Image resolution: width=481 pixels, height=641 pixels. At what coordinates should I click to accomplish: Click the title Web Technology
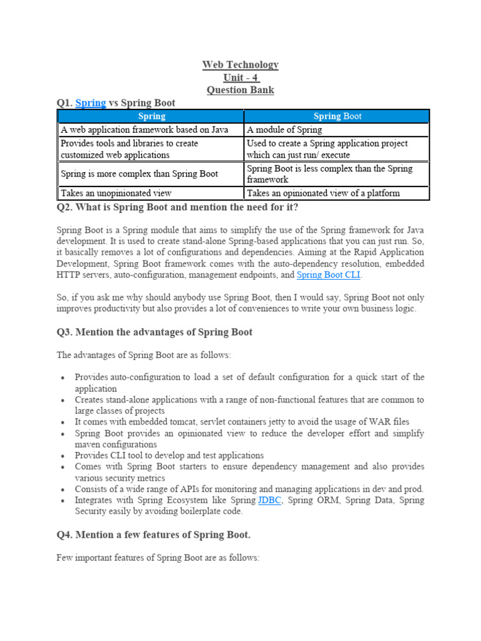tap(240, 65)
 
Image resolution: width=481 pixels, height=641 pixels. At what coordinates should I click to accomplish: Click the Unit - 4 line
tap(240, 78)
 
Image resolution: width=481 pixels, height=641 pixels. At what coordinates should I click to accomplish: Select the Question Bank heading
tap(240, 90)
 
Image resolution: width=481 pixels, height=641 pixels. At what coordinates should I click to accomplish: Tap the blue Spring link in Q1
tap(91, 103)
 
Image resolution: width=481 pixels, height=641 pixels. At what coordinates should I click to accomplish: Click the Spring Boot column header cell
tap(337, 116)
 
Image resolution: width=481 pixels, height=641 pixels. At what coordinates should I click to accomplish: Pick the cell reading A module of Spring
tap(284, 130)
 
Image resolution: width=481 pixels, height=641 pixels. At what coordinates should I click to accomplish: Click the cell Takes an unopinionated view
tap(116, 193)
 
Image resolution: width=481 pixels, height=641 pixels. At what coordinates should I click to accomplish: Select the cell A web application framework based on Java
tap(144, 130)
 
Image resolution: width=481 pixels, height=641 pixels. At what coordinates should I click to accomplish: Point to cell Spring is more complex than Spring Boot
tap(139, 173)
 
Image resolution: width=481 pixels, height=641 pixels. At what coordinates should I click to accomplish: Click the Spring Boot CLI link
tap(328, 275)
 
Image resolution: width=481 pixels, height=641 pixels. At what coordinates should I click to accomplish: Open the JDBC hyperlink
tap(269, 500)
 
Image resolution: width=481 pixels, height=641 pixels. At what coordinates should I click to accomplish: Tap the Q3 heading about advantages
tap(155, 332)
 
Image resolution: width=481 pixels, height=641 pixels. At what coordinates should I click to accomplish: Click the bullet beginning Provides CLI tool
tap(169, 456)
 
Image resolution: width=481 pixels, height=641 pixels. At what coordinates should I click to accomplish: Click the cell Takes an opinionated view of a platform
tap(323, 193)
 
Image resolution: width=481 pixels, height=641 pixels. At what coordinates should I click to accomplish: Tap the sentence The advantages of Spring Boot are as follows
tap(144, 355)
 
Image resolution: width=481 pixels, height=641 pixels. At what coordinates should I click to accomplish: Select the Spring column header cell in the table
tap(152, 116)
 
